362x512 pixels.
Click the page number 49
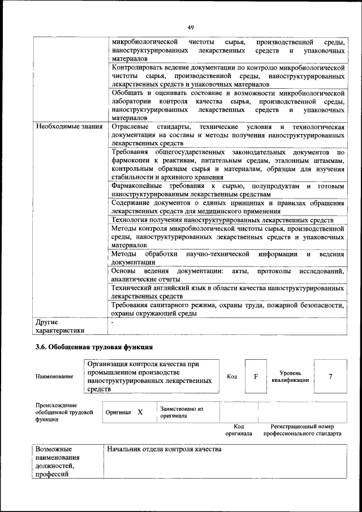point(191,26)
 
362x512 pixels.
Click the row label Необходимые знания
point(69,127)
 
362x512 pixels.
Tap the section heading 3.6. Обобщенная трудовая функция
point(94,346)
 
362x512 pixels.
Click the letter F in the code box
point(256,376)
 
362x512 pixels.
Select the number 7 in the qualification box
point(330,376)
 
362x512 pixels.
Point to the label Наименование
point(54,377)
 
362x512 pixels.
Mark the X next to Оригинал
point(140,412)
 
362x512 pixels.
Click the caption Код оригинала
point(239,430)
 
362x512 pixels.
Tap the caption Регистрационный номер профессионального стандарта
point(301,430)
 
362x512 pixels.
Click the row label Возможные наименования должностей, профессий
point(57,462)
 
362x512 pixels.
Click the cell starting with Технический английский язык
point(228,292)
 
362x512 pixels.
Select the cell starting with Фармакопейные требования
point(228,190)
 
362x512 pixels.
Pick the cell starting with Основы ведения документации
point(228,275)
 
